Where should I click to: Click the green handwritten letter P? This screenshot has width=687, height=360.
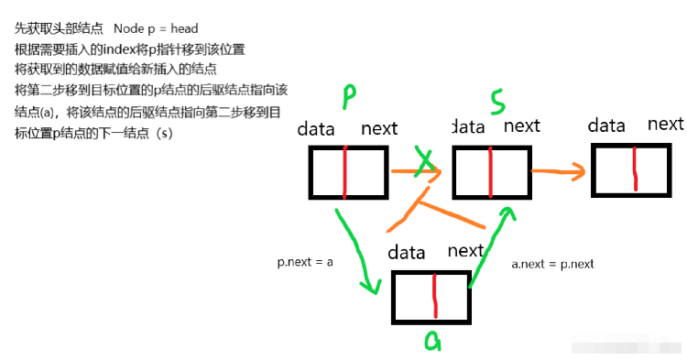[350, 96]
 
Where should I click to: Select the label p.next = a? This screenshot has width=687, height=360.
[305, 261]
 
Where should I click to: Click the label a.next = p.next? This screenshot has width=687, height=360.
[552, 264]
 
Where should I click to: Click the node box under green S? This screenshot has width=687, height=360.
[490, 170]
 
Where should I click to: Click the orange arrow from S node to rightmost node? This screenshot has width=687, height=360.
[558, 170]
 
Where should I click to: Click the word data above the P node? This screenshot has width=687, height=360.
[316, 129]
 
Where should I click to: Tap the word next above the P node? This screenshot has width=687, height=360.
[379, 129]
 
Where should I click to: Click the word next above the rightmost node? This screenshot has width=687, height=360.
[665, 125]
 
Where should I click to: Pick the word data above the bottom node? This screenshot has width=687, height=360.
[407, 252]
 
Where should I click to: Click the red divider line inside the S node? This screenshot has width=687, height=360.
[490, 170]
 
